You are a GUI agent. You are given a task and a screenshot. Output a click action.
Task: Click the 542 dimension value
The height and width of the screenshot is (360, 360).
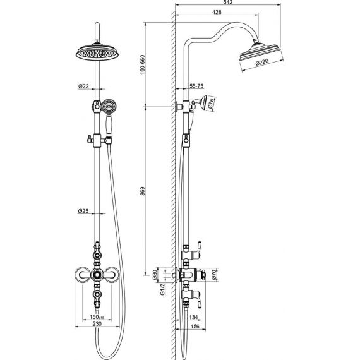pos(228,2)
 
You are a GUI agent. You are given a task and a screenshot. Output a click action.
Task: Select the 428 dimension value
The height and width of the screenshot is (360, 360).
pos(217,12)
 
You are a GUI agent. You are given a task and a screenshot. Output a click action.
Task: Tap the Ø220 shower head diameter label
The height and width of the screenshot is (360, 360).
pos(262,63)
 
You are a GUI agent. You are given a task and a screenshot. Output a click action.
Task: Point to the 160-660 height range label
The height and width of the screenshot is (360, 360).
pos(143,64)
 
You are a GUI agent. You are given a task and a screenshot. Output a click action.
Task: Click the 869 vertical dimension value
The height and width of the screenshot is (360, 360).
pos(143,191)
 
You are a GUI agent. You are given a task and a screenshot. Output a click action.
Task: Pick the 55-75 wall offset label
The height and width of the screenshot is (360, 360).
pos(196,86)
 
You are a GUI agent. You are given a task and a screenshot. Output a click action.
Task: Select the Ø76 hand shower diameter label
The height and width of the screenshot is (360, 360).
pos(211,103)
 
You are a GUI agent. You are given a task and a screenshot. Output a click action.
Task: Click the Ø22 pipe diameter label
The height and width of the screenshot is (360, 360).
pos(83,87)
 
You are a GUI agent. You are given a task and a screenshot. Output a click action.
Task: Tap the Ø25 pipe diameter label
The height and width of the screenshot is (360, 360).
pos(83,210)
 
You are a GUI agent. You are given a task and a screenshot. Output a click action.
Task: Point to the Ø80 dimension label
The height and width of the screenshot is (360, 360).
pos(155,274)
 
